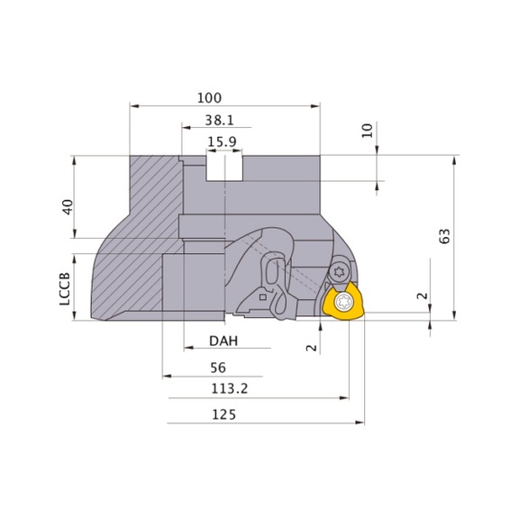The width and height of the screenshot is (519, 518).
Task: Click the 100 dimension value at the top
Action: (x=208, y=97)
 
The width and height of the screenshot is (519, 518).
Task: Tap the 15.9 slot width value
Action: (x=222, y=141)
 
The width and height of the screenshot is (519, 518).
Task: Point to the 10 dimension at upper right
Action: (x=367, y=131)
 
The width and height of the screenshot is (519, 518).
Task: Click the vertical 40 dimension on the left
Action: (x=66, y=206)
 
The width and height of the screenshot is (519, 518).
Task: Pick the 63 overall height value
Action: (x=443, y=236)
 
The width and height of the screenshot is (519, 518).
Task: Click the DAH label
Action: (x=223, y=341)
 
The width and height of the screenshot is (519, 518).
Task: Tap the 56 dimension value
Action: (x=216, y=368)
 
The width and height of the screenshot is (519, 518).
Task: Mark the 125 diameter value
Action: (x=221, y=414)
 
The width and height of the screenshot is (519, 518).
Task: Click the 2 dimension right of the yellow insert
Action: (x=421, y=295)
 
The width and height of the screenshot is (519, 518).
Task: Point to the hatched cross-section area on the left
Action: (x=135, y=243)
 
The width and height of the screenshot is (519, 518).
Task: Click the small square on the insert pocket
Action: (x=261, y=295)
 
